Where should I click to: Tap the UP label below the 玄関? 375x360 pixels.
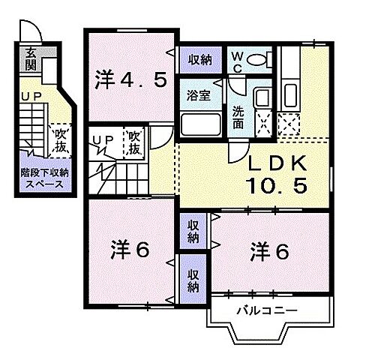coord(31,97)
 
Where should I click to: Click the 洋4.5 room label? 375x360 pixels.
coord(129,79)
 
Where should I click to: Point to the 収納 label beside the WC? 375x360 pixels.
coord(199,59)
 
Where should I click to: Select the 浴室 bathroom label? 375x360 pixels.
coord(199,95)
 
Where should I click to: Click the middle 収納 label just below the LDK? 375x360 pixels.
coord(193,231)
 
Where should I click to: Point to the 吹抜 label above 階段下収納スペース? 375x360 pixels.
coord(61,139)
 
